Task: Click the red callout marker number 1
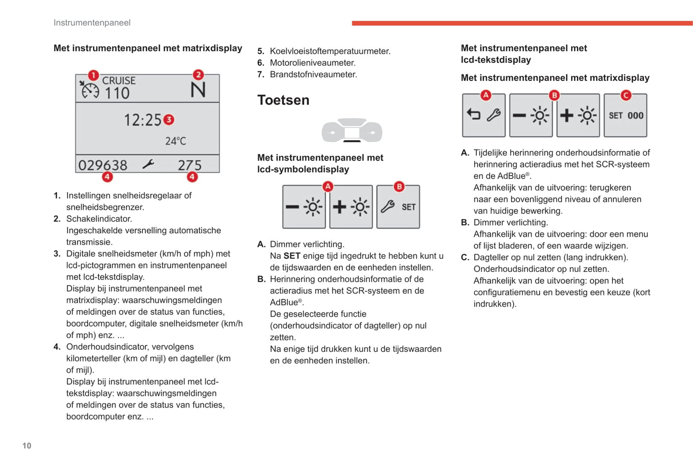click(93, 75)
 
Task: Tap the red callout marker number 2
click(198, 75)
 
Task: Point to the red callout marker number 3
click(168, 120)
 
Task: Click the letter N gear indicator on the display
click(198, 90)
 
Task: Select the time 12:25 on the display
click(142, 120)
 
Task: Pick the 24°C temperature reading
click(176, 141)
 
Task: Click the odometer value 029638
click(103, 165)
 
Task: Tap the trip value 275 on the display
click(189, 165)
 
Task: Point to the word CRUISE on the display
click(119, 81)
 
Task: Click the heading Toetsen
click(283, 100)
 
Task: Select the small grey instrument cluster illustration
click(352, 130)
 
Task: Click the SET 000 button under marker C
click(625, 115)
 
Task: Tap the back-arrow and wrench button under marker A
click(483, 115)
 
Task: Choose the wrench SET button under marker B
click(398, 207)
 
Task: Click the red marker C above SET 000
click(625, 95)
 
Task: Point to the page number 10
click(27, 446)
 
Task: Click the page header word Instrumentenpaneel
click(92, 23)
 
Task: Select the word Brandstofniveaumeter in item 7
click(313, 74)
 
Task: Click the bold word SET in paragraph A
click(292, 256)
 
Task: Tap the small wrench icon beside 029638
click(148, 164)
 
